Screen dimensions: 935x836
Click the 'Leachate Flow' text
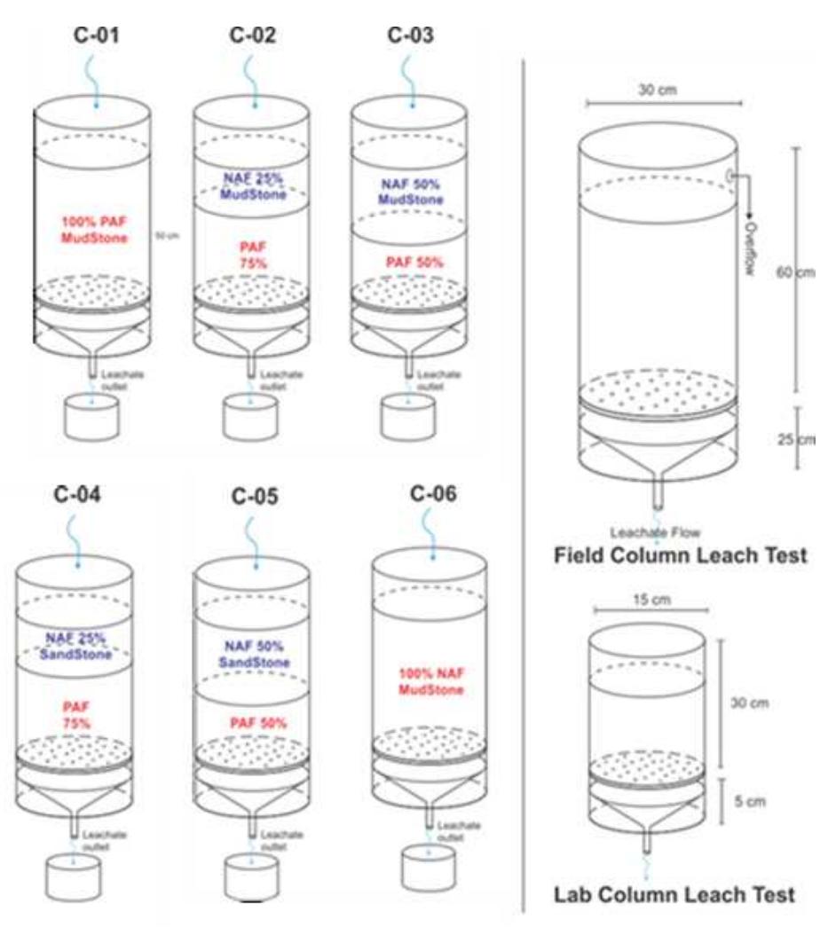pyautogui.click(x=655, y=532)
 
